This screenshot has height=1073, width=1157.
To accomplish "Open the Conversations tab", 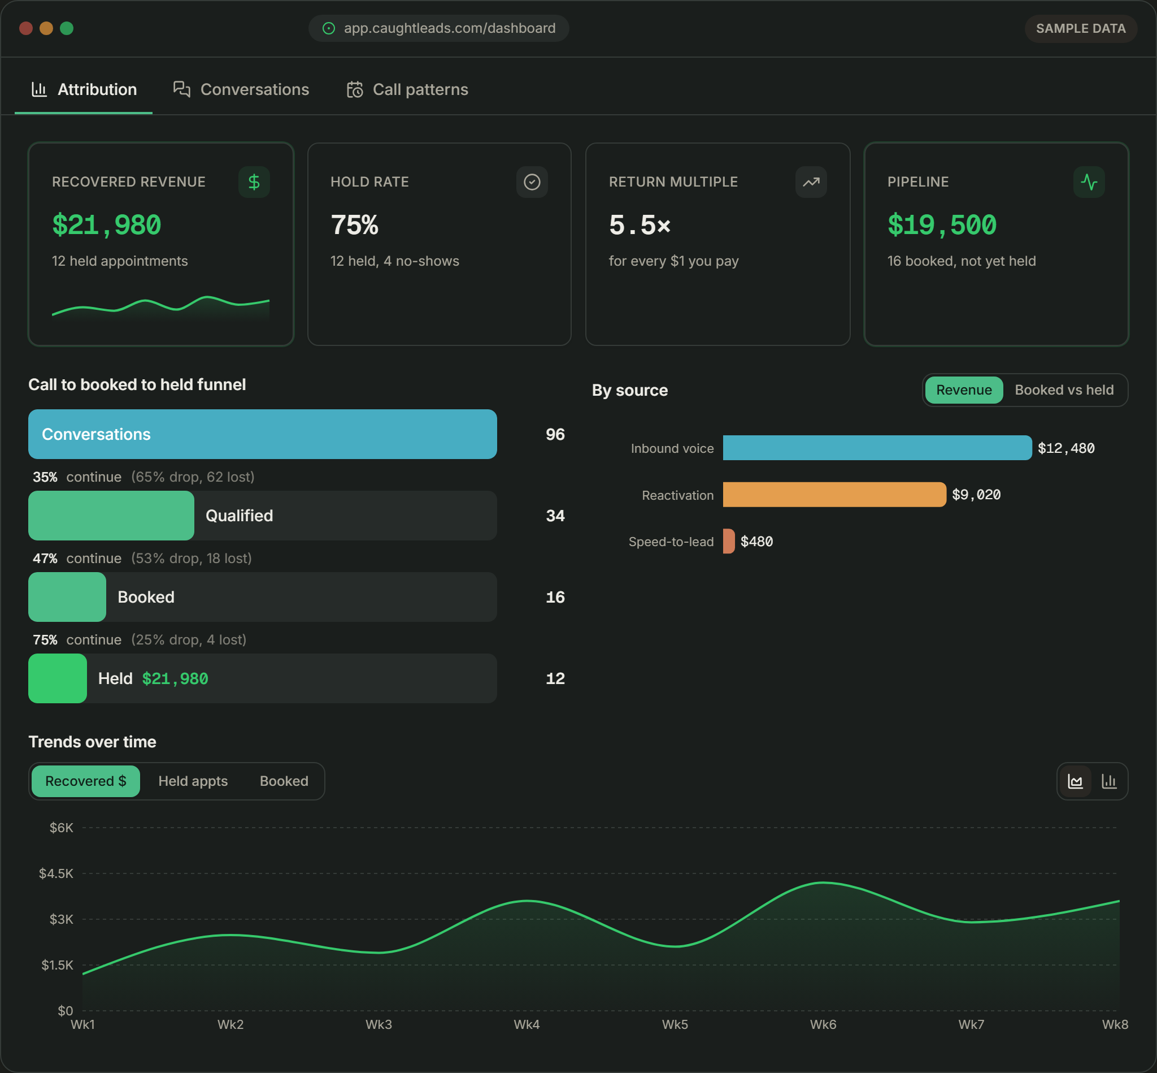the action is pyautogui.click(x=241, y=89).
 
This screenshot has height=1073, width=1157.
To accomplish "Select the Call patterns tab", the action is pyautogui.click(x=407, y=89).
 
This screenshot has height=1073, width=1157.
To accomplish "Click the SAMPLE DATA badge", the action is pyautogui.click(x=1080, y=28).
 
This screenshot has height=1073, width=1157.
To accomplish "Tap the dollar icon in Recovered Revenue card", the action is pyautogui.click(x=254, y=182).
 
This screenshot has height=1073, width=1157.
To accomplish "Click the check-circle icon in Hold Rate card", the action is pyautogui.click(x=532, y=182).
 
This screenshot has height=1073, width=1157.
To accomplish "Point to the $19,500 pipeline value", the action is pyautogui.click(x=942, y=225).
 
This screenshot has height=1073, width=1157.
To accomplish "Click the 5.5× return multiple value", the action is pyautogui.click(x=640, y=225).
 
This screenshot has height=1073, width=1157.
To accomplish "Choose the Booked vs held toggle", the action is pyautogui.click(x=1064, y=390).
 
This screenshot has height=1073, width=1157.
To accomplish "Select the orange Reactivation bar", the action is pyautogui.click(x=834, y=495).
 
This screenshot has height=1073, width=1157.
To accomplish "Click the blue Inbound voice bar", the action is pyautogui.click(x=877, y=448).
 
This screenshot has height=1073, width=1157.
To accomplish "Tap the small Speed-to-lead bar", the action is pyautogui.click(x=729, y=541).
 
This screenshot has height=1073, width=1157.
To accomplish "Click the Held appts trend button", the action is pyautogui.click(x=193, y=781).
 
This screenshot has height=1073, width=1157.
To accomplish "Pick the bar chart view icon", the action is pyautogui.click(x=1109, y=781).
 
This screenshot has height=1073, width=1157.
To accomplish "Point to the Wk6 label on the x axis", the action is pyautogui.click(x=823, y=1025).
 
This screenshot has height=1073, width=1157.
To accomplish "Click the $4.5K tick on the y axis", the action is pyautogui.click(x=56, y=873).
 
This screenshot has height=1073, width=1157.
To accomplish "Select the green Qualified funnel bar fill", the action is pyautogui.click(x=111, y=516).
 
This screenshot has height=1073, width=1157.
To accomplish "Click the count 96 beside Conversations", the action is pyautogui.click(x=555, y=434).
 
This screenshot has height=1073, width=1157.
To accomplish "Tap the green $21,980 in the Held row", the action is pyautogui.click(x=175, y=679).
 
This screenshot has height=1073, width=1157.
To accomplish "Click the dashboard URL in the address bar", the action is pyautogui.click(x=450, y=28).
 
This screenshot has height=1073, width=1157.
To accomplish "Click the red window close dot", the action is pyautogui.click(x=25, y=28).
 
